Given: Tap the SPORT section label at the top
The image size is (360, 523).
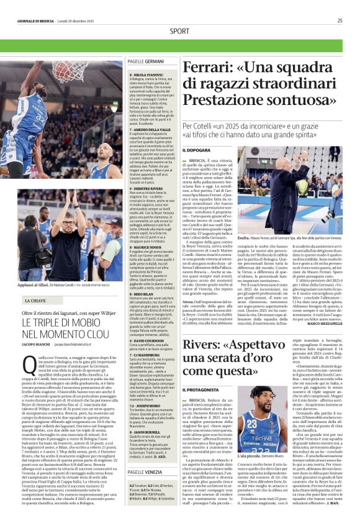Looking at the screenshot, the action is tap(179, 31).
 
